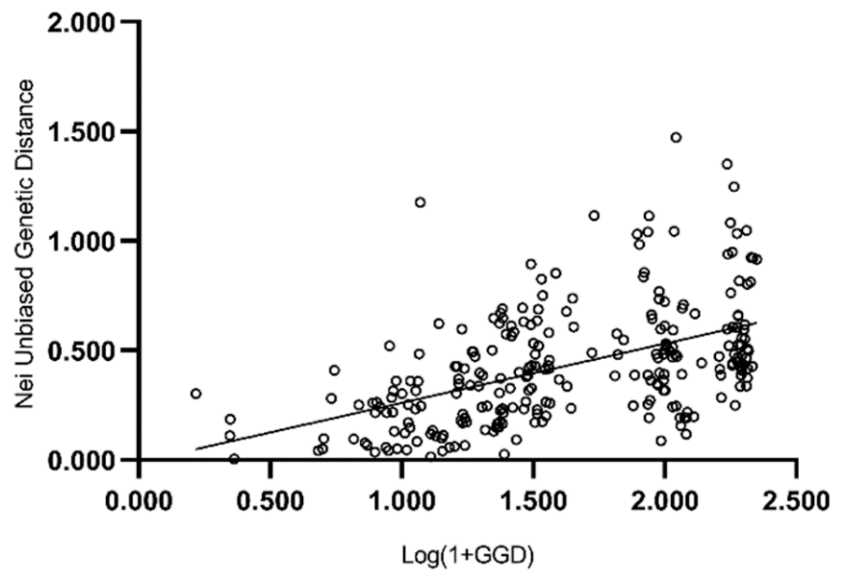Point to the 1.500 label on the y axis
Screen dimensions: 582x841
click(81, 132)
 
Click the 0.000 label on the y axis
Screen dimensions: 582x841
click(81, 460)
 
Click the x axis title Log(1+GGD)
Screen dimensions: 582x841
click(468, 556)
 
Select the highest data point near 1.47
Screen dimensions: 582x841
click(676, 137)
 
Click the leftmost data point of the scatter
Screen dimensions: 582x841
click(196, 394)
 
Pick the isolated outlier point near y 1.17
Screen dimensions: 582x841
click(420, 202)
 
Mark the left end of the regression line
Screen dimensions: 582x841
click(196, 449)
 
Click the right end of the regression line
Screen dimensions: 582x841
click(756, 323)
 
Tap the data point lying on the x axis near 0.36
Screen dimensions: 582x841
click(234, 459)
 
